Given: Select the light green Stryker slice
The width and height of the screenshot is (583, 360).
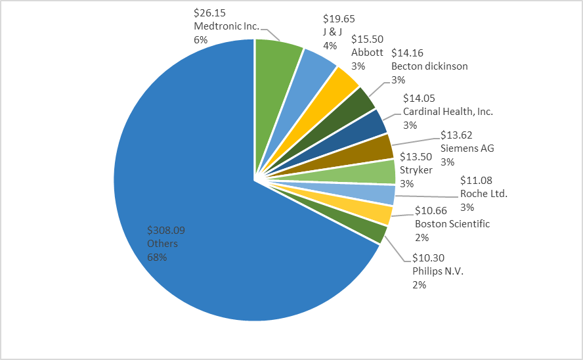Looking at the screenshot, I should pyautogui.click(x=381, y=171).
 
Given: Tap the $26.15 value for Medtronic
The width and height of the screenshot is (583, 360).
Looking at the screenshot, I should pyautogui.click(x=209, y=14).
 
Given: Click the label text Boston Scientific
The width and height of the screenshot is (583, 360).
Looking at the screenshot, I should pyautogui.click(x=452, y=223).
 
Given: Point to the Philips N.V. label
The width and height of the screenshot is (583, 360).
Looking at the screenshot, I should pyautogui.click(x=438, y=271).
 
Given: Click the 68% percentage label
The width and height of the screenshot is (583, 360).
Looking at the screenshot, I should pyautogui.click(x=158, y=257).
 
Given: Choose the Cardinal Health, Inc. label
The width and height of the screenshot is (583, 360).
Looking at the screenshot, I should pyautogui.click(x=448, y=112).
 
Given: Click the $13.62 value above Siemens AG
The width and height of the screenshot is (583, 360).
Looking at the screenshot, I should pyautogui.click(x=457, y=135).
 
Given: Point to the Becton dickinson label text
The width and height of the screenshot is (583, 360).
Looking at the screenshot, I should pyautogui.click(x=429, y=66).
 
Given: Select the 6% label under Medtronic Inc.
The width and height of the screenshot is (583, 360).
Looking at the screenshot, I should pyautogui.click(x=200, y=39).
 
